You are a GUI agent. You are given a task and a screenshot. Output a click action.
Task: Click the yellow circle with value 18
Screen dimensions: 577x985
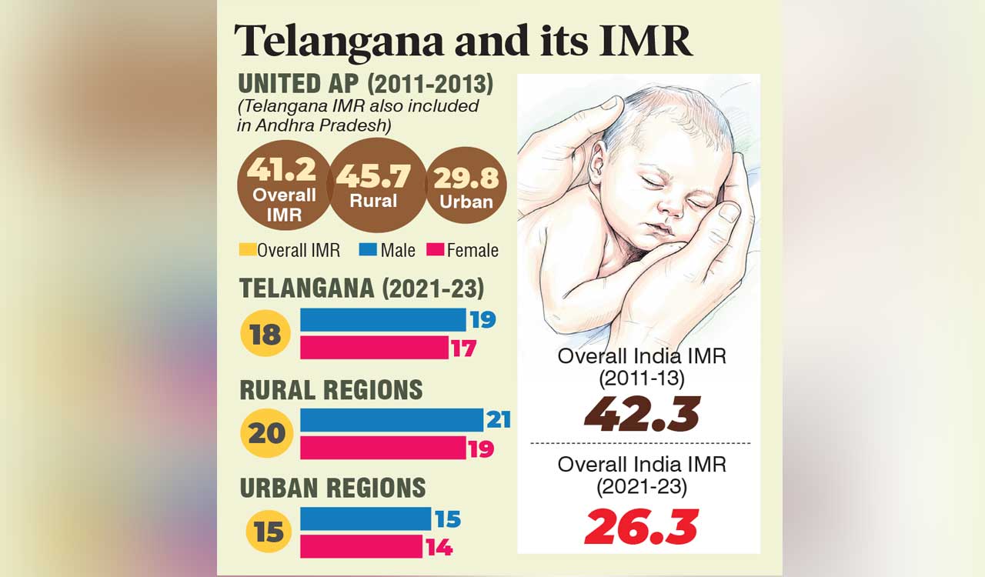click(265, 335)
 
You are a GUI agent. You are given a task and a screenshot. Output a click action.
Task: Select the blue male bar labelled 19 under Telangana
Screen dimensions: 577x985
click(382, 320)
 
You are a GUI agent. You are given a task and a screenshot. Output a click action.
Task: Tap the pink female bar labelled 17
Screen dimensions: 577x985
click(374, 348)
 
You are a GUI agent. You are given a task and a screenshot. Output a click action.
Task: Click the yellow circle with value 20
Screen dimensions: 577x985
click(265, 433)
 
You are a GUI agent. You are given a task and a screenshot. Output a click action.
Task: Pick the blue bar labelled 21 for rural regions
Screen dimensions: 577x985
click(391, 420)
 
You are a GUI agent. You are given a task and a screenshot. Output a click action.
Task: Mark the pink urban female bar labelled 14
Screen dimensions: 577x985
click(361, 547)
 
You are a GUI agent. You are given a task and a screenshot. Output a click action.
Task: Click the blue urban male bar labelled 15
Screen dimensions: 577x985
click(365, 519)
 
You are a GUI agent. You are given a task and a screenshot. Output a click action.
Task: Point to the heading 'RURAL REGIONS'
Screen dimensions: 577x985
click(332, 390)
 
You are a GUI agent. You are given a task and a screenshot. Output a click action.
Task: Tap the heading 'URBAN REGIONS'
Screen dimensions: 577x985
click(332, 488)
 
